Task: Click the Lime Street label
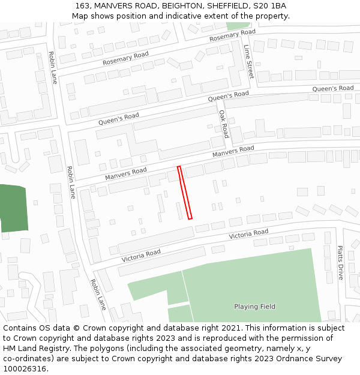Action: coord(249,62)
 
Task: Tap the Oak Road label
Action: coord(223,124)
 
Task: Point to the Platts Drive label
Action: coord(340,262)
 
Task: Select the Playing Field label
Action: coord(254,307)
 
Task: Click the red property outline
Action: coord(185,193)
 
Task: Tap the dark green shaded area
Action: coord(14,208)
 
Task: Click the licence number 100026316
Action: coord(24,369)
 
